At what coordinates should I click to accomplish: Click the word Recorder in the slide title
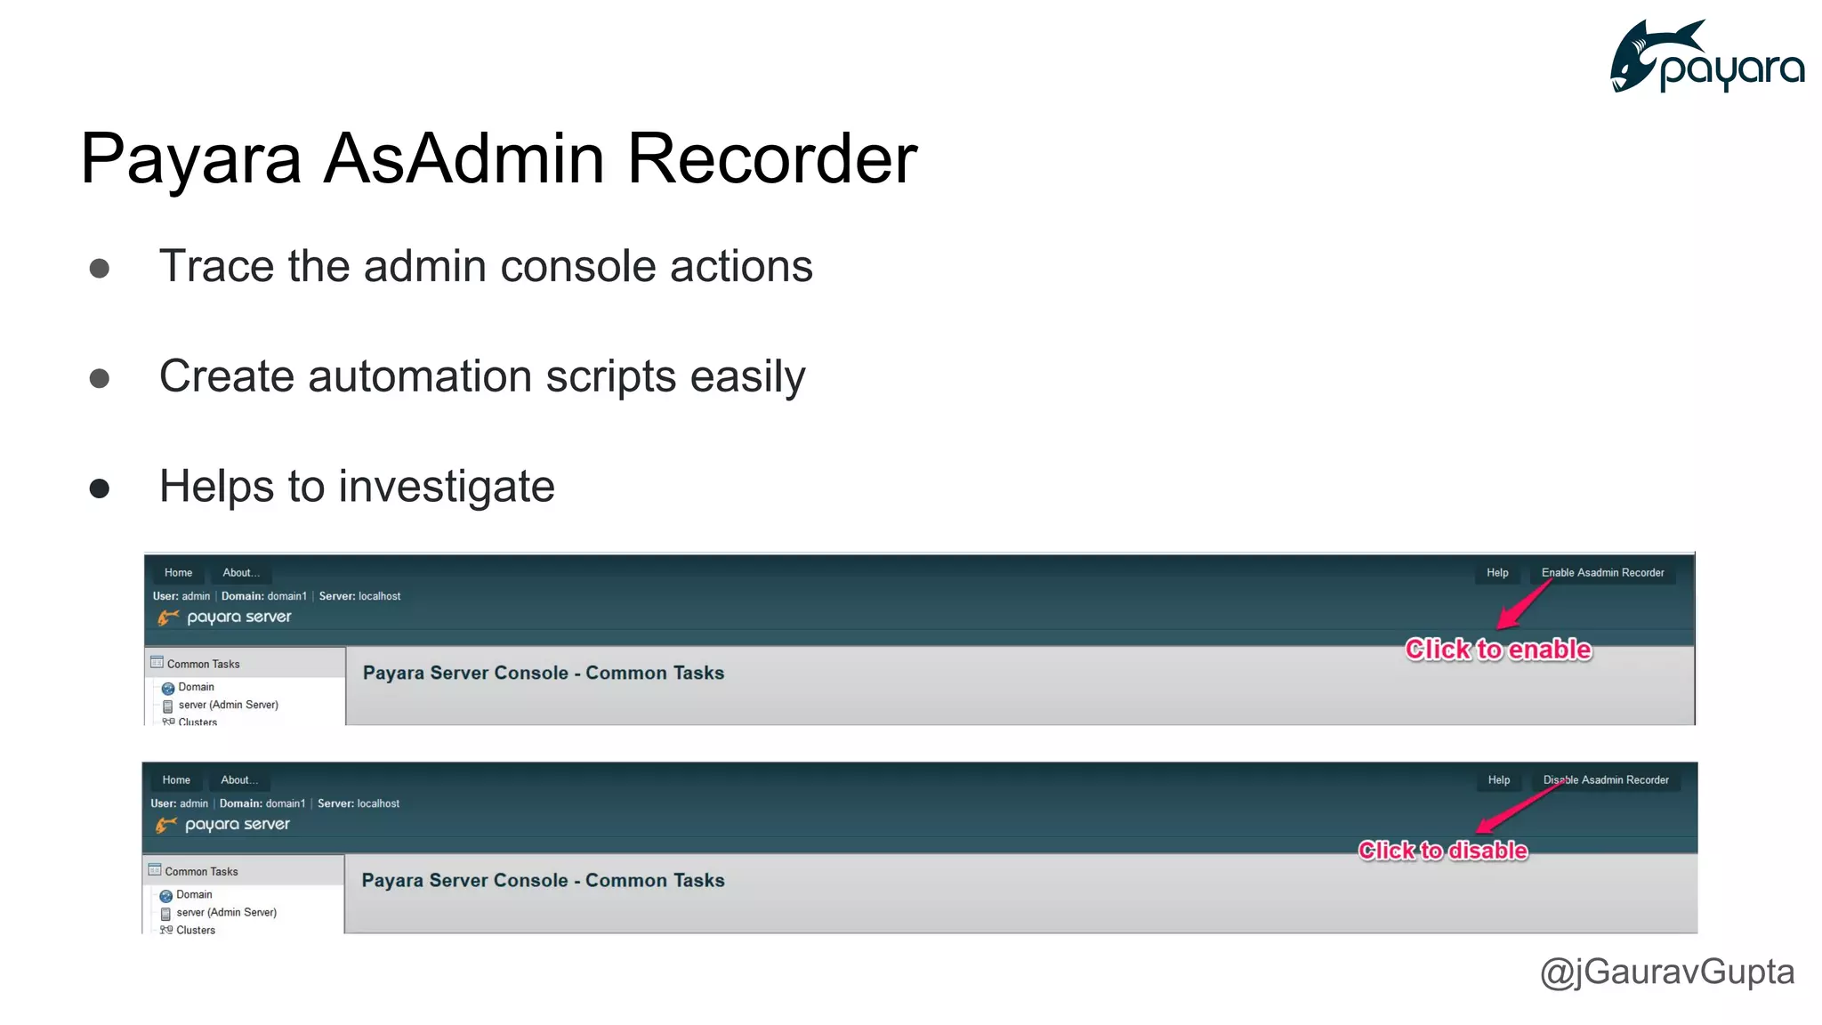(771, 158)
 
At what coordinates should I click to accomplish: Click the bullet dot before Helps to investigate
(100, 488)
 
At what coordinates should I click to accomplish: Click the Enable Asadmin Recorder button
(1602, 573)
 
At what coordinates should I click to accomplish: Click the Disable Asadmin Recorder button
(1605, 780)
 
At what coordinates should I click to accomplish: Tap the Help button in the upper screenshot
(1497, 573)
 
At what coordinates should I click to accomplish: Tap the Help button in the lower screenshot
(1499, 780)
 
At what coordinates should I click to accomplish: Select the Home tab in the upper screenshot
(178, 573)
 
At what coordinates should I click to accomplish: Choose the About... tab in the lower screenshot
(239, 780)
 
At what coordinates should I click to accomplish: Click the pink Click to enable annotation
(1498, 650)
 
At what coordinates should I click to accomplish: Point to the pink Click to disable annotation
(1443, 851)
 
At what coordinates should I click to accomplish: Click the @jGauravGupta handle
(1666, 972)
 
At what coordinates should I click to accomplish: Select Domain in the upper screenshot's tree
(196, 687)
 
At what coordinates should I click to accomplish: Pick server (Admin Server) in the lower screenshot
(226, 912)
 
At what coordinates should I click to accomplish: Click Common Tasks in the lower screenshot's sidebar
(201, 872)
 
